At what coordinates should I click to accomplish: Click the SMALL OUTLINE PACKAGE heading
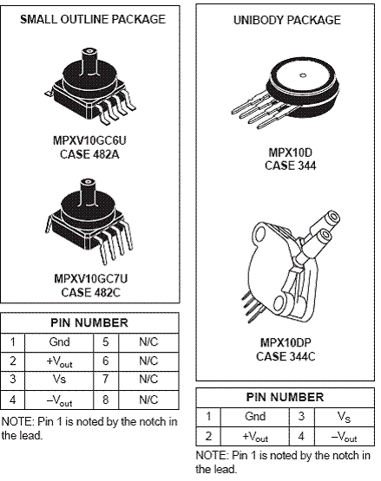pos(93,19)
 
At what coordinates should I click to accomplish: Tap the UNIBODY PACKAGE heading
pos(287,20)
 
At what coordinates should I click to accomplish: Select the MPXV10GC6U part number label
pos(89,140)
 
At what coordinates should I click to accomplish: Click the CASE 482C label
pos(90,292)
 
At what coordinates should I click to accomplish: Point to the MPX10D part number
pos(291,153)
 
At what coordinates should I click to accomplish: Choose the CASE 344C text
pos(286,356)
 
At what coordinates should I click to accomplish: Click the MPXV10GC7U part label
pos(90,278)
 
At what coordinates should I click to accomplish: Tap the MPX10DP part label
pos(286,342)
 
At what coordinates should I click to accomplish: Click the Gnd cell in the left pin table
pos(59,341)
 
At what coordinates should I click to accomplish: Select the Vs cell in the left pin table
pos(59,379)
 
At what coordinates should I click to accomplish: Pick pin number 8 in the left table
pos(105,400)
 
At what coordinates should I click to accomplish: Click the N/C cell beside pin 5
pos(148,341)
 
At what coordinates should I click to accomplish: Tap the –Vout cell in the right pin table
pos(344,436)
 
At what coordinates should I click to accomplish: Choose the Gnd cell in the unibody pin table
pos(255,416)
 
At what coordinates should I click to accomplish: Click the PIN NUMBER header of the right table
pos(285,397)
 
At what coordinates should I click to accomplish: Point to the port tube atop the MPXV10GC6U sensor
pos(89,61)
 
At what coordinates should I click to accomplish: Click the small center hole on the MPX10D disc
pos(303,75)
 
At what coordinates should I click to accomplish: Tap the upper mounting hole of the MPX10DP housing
pos(261,234)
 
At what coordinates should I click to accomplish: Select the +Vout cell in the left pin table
pos(59,361)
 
